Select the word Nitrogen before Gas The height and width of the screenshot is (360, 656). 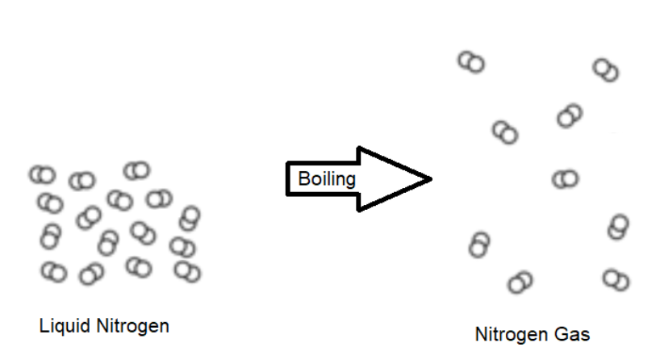[510, 334]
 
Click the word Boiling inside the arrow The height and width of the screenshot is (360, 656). [326, 178]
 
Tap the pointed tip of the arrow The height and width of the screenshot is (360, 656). [431, 178]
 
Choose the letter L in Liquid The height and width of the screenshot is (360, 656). [43, 326]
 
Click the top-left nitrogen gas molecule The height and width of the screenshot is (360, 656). [471, 62]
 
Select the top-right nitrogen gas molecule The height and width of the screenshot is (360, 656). [606, 70]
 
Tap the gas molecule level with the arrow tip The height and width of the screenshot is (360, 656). [565, 178]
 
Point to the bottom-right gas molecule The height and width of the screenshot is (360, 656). [616, 280]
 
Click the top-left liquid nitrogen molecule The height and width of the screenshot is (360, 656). [41, 174]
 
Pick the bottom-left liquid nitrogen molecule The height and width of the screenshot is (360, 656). [53, 272]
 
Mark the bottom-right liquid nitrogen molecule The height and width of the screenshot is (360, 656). [186, 271]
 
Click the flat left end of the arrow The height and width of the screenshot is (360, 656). [288, 178]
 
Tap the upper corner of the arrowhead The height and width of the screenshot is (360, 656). [359, 149]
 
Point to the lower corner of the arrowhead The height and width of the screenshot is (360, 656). [359, 209]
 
